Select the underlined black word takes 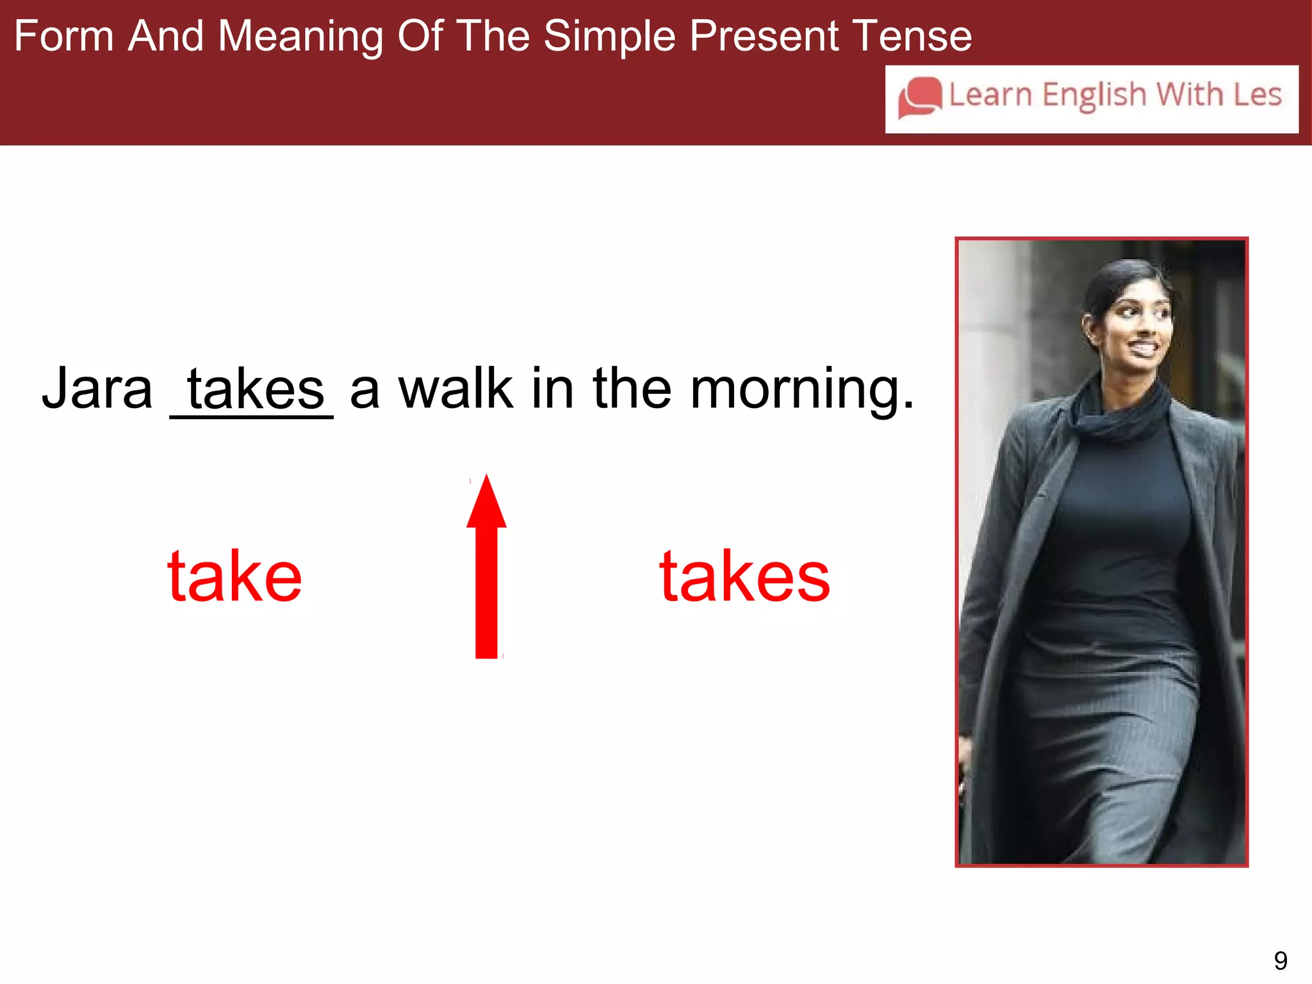255,389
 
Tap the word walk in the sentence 455,388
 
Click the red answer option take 234,577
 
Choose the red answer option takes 744,577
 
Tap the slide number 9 1280,960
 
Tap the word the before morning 632,388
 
